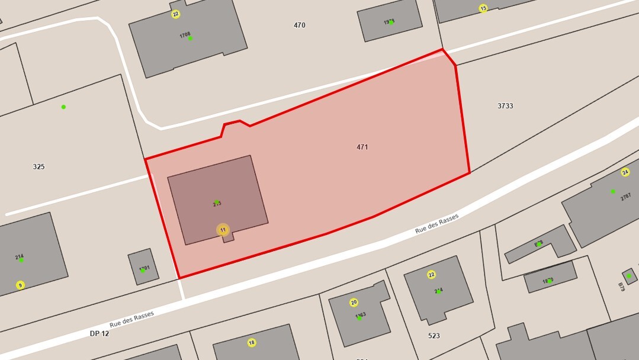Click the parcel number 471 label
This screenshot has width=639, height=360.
[362, 147]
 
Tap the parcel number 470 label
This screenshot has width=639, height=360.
[300, 25]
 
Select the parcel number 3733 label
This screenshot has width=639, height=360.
[505, 106]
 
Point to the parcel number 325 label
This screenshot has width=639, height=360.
[39, 167]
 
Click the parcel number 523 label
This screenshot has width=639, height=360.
[434, 336]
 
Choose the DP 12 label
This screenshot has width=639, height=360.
[99, 333]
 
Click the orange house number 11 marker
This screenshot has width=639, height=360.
[223, 230]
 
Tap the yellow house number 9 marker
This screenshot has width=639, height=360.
[21, 285]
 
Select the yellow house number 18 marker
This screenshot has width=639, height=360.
[252, 342]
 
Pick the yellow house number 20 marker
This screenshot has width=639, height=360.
[354, 303]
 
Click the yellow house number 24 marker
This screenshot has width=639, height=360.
[625, 172]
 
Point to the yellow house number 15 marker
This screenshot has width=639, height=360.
[483, 8]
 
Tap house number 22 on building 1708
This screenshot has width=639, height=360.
[175, 14]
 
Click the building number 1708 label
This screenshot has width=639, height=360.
[185, 35]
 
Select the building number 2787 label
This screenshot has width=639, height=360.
[625, 197]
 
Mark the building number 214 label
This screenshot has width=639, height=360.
[20, 257]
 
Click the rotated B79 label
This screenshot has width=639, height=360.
[621, 287]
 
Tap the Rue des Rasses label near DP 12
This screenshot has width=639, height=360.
[131, 318]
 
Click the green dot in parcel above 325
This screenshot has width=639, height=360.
[63, 107]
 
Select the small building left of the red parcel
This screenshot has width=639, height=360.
[143, 266]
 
